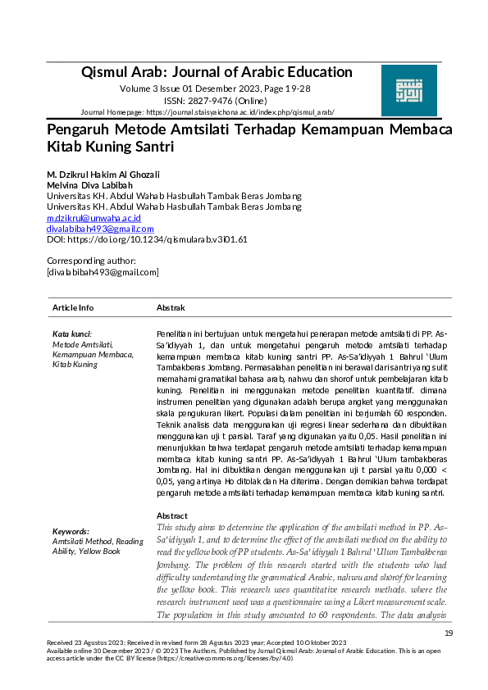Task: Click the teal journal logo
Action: (409, 91)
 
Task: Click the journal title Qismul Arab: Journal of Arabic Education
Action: (217, 72)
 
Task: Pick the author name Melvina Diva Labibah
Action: (89, 185)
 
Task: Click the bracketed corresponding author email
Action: (103, 271)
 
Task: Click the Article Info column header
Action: (73, 307)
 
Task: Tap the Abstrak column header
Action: (171, 307)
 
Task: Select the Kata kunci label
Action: (72, 334)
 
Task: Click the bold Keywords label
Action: (71, 531)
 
